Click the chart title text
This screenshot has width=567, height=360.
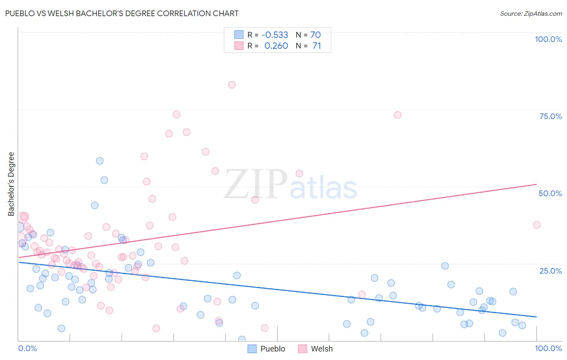(x=122, y=13)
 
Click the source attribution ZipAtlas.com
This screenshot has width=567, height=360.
(x=531, y=13)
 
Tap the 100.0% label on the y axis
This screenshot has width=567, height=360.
(x=548, y=39)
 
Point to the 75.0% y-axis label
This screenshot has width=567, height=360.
(x=550, y=116)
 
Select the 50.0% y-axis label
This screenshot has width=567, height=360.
(x=550, y=193)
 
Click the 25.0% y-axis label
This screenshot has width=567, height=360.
(x=550, y=270)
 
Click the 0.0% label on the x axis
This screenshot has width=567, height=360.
(x=27, y=348)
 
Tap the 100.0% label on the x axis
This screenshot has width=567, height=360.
(x=548, y=348)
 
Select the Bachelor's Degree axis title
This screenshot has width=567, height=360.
(x=11, y=184)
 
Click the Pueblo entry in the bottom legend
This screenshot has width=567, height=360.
(x=272, y=349)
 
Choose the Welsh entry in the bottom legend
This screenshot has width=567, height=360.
(x=321, y=349)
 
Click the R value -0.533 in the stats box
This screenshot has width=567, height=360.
(x=275, y=35)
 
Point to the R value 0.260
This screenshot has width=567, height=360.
(x=276, y=46)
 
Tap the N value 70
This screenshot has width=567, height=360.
(x=315, y=35)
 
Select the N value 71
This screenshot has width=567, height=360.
(x=317, y=46)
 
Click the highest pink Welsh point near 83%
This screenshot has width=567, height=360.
(x=232, y=85)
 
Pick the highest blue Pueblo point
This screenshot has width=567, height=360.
(x=100, y=161)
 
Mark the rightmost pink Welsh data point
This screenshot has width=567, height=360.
(x=537, y=225)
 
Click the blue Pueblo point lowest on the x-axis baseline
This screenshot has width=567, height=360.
(x=242, y=339)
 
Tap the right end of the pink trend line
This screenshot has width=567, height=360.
(x=536, y=184)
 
